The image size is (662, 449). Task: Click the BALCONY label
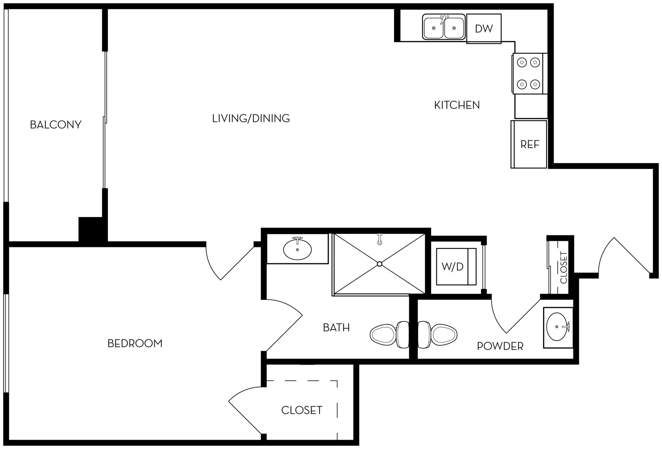coord(56,124)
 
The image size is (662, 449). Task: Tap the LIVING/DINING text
coord(251,118)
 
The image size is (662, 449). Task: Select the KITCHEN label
coord(457,105)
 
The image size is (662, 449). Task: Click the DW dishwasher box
coord(484,29)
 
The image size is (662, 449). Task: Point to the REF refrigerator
coord(529,144)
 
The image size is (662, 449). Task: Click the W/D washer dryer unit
coord(453,266)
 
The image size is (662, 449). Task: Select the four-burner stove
coord(528,73)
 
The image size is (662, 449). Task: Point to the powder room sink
coord(557,326)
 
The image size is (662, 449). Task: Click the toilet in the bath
coord(389,334)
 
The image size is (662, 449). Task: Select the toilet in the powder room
coord(438,334)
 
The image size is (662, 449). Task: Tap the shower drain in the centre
coord(380,264)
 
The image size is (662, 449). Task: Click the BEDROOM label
coord(135,343)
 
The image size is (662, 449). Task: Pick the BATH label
coord(336,327)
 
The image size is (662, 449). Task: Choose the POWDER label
coord(500,346)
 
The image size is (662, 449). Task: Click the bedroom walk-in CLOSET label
coord(302,410)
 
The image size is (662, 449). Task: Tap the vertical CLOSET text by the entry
coord(563,268)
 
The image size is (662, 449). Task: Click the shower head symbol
coord(380,239)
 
